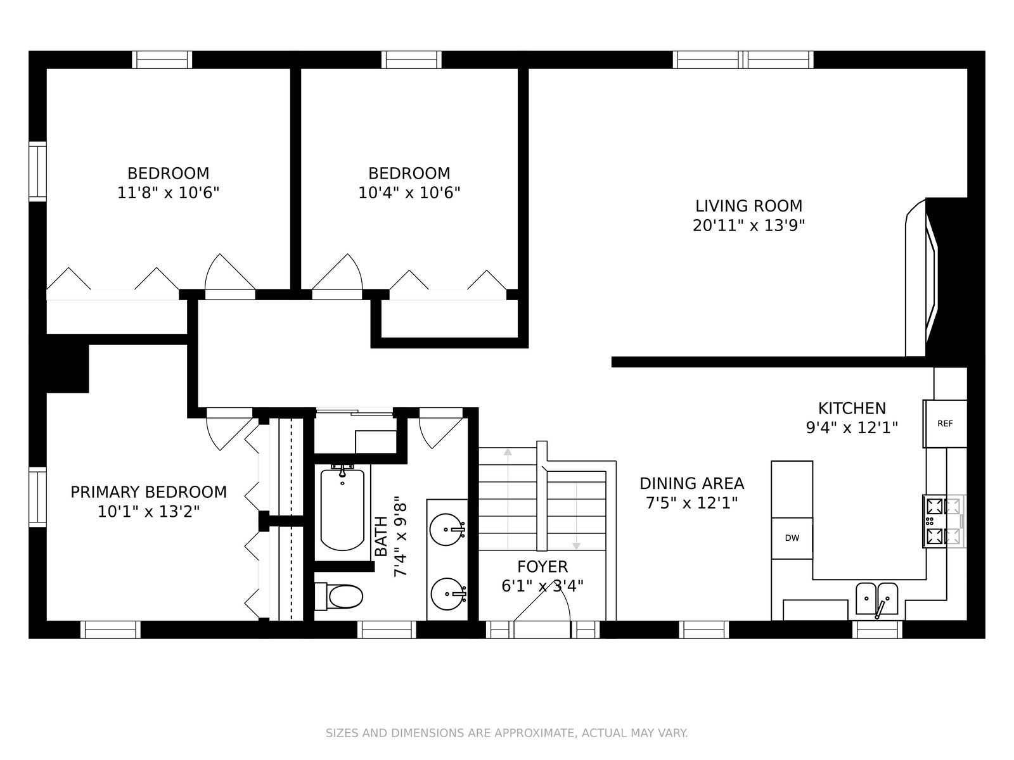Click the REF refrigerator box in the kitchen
pos(945,424)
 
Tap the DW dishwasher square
pos(792,538)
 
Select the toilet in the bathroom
pos(338,596)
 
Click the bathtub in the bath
pos(342,509)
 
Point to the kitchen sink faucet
pos(880,609)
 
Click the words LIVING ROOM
pos(749,206)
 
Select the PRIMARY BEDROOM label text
pos(149,492)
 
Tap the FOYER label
pos(542,566)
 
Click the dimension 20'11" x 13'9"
pos(749,225)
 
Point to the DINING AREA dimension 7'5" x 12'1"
pos(691,502)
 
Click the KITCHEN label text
pos(852,408)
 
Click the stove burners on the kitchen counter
pos(944,521)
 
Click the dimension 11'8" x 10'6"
pos(168,193)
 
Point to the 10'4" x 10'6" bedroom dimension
pos(409,193)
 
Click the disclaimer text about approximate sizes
pos(507,733)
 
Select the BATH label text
pos(381,536)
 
